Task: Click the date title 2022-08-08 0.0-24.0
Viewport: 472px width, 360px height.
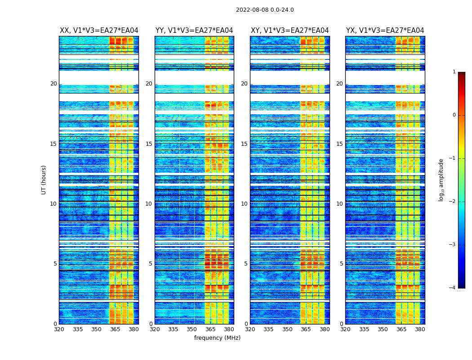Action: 265,10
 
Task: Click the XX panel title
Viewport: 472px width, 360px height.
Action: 99,31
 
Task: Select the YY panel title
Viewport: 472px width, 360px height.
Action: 194,31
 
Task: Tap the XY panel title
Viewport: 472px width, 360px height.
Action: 289,31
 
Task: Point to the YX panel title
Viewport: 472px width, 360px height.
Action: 385,31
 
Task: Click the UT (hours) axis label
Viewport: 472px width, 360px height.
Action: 44,180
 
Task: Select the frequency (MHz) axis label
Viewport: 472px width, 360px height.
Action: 217,338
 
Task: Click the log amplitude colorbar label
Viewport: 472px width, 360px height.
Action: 441,180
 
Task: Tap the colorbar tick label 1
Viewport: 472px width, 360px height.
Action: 454,72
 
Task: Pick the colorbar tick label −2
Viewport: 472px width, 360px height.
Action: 453,202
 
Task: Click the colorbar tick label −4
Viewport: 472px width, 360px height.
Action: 453,288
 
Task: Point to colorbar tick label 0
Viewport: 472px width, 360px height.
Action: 454,115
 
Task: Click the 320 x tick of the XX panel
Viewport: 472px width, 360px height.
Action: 59,329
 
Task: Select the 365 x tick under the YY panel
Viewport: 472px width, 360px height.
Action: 211,329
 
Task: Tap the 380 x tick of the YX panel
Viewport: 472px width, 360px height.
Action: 420,329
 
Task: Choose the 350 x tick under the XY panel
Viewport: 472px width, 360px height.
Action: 287,329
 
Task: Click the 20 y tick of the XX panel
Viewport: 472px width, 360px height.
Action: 53,84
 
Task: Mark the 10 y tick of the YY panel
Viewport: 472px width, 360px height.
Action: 149,204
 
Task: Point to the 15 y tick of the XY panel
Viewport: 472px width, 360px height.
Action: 244,144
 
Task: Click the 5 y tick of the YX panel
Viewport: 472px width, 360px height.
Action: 341,264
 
